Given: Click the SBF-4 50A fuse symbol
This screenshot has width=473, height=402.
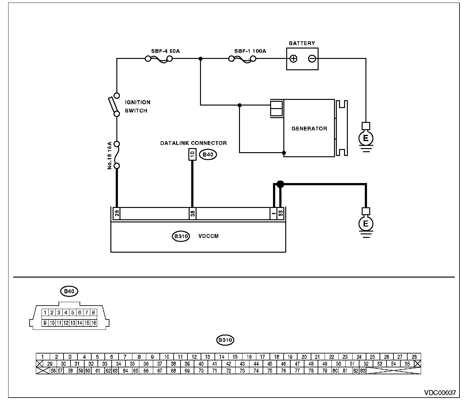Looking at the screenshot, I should [159, 59].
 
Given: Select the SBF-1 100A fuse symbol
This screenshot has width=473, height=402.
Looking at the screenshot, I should [242, 59].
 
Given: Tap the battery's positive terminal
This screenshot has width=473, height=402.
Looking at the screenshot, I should [293, 59].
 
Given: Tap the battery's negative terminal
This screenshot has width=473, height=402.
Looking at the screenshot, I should [312, 59].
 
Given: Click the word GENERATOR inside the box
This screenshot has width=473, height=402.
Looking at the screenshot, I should [309, 129].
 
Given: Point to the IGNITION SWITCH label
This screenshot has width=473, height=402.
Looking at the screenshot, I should [137, 106].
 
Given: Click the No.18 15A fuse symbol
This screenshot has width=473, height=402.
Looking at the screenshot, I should [117, 155].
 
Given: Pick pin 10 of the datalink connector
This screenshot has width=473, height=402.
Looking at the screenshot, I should [192, 155].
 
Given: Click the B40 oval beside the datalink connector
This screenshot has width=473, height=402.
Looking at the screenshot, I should [208, 155].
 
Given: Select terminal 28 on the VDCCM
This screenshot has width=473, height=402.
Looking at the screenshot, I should [117, 214].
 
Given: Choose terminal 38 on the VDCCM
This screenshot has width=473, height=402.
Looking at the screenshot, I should [192, 214].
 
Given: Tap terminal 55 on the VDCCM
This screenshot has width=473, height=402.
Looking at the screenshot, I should [281, 213].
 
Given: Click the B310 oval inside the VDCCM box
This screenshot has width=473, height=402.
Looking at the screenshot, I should [181, 236].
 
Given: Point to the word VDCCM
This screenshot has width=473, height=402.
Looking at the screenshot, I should [208, 236].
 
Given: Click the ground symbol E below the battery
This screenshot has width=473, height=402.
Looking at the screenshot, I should [366, 138].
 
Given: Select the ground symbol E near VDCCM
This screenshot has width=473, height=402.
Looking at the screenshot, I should [366, 224].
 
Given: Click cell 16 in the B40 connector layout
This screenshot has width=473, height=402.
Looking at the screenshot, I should [93, 323].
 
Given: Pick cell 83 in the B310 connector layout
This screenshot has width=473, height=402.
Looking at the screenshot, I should [363, 371].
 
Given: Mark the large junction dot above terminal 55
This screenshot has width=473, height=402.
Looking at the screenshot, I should [280, 184].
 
